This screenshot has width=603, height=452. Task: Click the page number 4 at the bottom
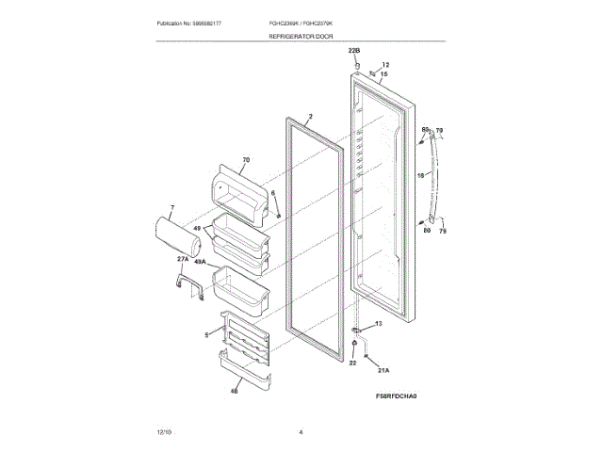[301, 431]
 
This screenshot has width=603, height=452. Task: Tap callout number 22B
[354, 49]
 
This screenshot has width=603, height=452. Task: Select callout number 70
[246, 161]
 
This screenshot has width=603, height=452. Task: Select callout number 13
[379, 324]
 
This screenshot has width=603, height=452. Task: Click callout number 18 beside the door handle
[420, 175]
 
